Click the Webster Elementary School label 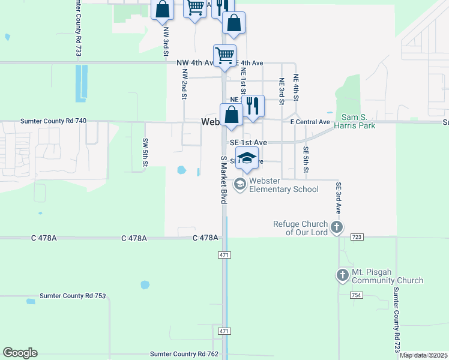pyautogui.click(x=285, y=185)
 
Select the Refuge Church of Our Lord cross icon pyautogui.click(x=337, y=227)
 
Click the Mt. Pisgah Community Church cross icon pyautogui.click(x=342, y=275)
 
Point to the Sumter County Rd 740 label pyautogui.click(x=53, y=121)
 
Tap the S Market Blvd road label pyautogui.click(x=223, y=180)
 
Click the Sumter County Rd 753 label pyautogui.click(x=73, y=296)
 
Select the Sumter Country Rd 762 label pyautogui.click(x=184, y=354)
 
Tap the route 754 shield pyautogui.click(x=357, y=295)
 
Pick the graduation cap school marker pyautogui.click(x=247, y=158)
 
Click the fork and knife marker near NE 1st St pyautogui.click(x=253, y=106)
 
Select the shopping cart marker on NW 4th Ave pyautogui.click(x=224, y=55)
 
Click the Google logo pyautogui.click(x=20, y=353)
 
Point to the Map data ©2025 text pyautogui.click(x=424, y=355)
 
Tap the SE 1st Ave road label pyautogui.click(x=248, y=143)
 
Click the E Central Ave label pyautogui.click(x=310, y=122)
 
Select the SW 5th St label pyautogui.click(x=145, y=152)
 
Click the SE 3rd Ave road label pyautogui.click(x=339, y=199)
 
